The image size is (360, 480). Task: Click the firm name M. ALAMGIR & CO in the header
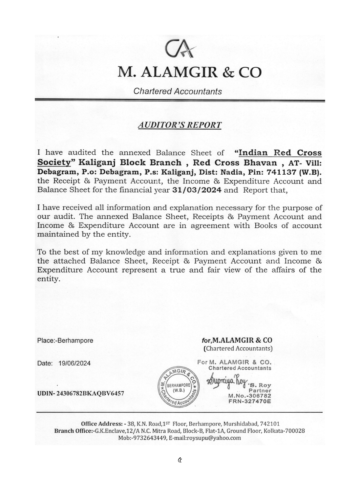[189, 72]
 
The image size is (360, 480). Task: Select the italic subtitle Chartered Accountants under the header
[177, 91]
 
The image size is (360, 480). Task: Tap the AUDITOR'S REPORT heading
[180, 125]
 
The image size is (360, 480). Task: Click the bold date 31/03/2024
[197, 190]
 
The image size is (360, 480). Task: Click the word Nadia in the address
[230, 172]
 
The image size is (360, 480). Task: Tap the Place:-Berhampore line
[65, 341]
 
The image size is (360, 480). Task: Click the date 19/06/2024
[75, 363]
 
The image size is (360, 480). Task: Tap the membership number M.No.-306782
[250, 396]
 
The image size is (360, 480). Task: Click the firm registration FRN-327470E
[250, 401]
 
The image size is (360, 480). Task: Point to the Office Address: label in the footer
[102, 424]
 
